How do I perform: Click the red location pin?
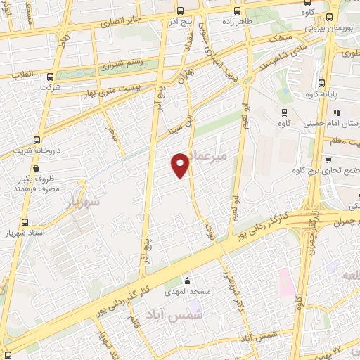[x=181, y=166]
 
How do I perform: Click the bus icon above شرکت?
[x=49, y=77]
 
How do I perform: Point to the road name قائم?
[x=136, y=324]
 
